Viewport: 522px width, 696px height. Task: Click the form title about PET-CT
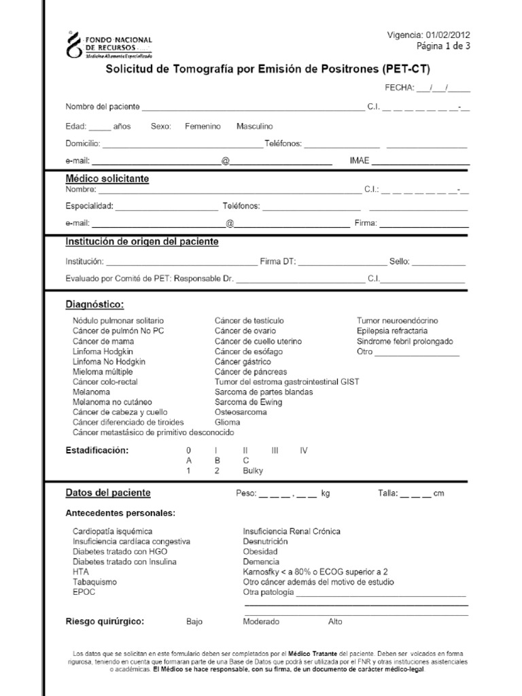(x=267, y=69)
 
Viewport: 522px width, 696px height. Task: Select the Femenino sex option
(x=203, y=126)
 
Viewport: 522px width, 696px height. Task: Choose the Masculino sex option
(x=255, y=126)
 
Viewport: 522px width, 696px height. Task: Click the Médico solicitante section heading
(x=107, y=179)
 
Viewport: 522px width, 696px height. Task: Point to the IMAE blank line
(x=420, y=162)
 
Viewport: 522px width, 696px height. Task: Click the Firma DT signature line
(x=343, y=261)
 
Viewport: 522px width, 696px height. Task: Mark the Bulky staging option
(x=252, y=470)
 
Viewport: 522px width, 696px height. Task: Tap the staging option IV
(x=304, y=450)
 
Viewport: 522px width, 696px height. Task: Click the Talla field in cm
(x=415, y=493)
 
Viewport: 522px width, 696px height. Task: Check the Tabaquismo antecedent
(x=94, y=582)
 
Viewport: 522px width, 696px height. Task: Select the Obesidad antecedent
(x=260, y=551)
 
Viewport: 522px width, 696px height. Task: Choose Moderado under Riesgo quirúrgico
(x=260, y=621)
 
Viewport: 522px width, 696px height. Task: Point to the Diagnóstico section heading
(x=94, y=304)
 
